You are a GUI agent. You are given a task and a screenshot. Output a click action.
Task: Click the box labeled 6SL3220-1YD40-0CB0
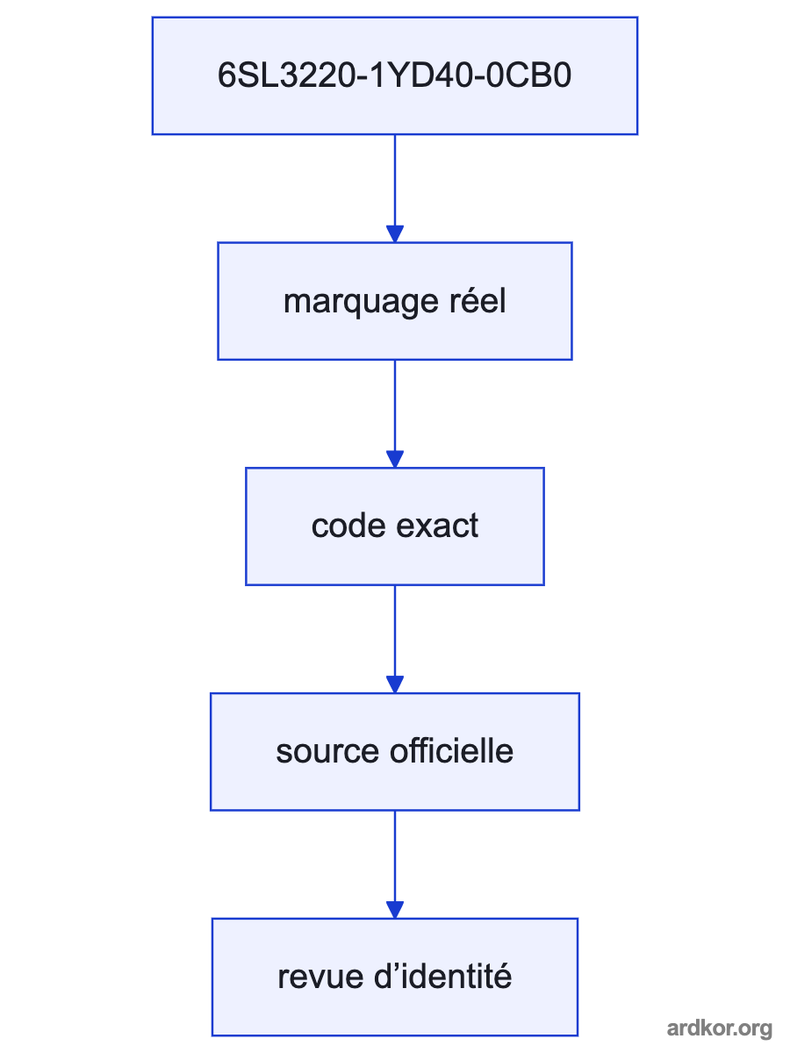click(x=395, y=75)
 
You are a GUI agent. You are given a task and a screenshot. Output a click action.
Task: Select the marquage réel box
click(x=395, y=301)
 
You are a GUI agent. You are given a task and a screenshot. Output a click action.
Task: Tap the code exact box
click(x=395, y=526)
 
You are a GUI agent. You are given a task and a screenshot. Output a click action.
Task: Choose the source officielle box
click(x=395, y=752)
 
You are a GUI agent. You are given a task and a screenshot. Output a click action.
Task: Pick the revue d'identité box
click(x=395, y=978)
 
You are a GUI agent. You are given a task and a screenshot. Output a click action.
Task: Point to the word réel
click(x=478, y=300)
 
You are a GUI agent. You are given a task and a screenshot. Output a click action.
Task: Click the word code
click(x=348, y=526)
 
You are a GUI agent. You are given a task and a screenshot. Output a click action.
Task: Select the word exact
click(x=437, y=526)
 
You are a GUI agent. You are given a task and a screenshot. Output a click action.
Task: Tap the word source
click(x=327, y=752)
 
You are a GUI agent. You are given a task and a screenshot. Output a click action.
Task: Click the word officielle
click(x=451, y=751)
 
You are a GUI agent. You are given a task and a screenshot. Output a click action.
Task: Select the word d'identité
click(x=442, y=977)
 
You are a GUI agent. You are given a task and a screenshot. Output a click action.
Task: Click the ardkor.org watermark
click(x=720, y=1028)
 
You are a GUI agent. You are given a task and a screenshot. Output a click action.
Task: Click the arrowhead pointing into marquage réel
click(x=395, y=233)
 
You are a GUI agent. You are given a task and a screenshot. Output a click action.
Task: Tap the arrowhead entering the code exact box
click(x=395, y=459)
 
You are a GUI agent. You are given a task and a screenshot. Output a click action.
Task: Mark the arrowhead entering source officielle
click(x=395, y=684)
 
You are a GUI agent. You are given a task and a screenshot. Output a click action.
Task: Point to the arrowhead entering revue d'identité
click(x=395, y=910)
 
